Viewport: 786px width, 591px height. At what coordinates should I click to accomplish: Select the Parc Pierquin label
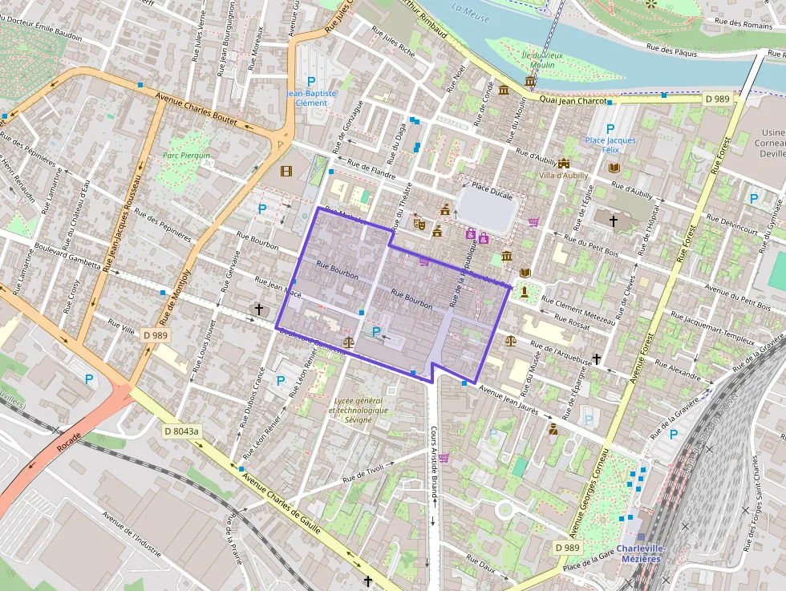click(186, 156)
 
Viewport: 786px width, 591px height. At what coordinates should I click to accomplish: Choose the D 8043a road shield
click(181, 431)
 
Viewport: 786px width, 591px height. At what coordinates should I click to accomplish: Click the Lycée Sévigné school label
click(358, 410)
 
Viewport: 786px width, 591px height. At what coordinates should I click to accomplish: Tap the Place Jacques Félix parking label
click(610, 145)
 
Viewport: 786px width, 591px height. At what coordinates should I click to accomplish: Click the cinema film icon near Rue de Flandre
click(286, 170)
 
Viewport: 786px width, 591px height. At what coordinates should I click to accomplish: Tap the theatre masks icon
click(418, 225)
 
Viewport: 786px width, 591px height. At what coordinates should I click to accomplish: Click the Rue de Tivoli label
click(363, 473)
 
